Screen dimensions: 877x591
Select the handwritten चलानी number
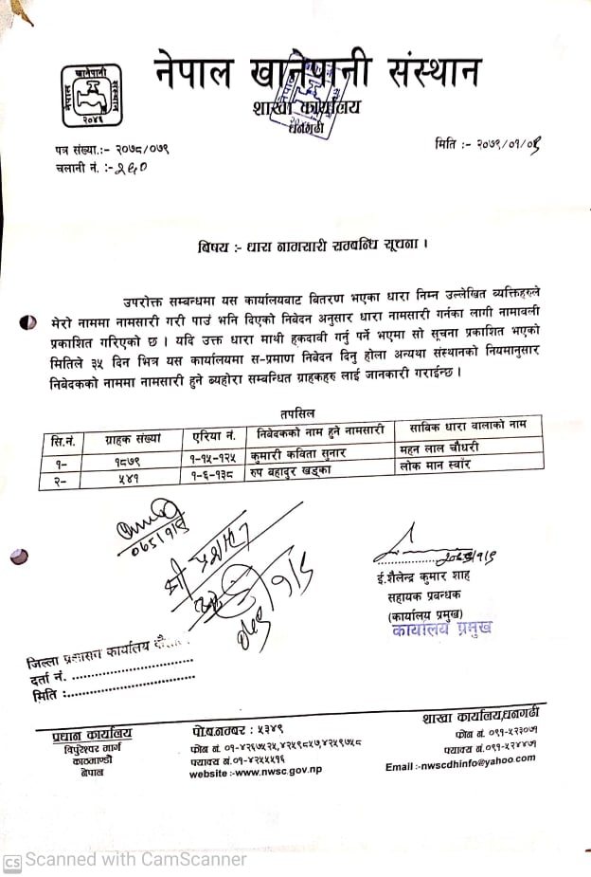(x=131, y=167)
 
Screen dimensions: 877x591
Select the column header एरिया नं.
(x=214, y=436)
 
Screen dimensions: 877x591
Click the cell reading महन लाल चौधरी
(x=439, y=448)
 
